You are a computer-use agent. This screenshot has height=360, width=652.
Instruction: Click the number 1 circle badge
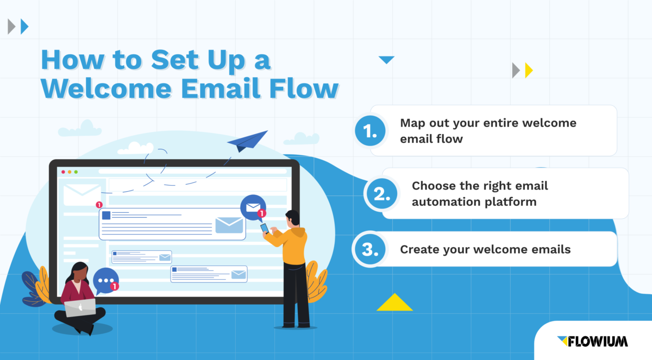pos(371,131)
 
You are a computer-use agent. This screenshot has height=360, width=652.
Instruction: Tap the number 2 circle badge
pos(382,194)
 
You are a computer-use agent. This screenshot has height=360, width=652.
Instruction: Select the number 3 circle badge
pos(370,250)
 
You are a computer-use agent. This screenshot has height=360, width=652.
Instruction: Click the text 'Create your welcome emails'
pos(485,250)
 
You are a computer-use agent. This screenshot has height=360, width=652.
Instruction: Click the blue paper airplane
pos(248,141)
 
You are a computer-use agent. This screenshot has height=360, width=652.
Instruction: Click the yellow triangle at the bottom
pos(394,302)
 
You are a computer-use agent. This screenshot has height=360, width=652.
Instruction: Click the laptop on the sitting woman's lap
pos(80,308)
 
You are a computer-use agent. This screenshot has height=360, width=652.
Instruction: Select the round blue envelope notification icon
pos(253,207)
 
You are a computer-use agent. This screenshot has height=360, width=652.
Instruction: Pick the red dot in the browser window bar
pos(63,172)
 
